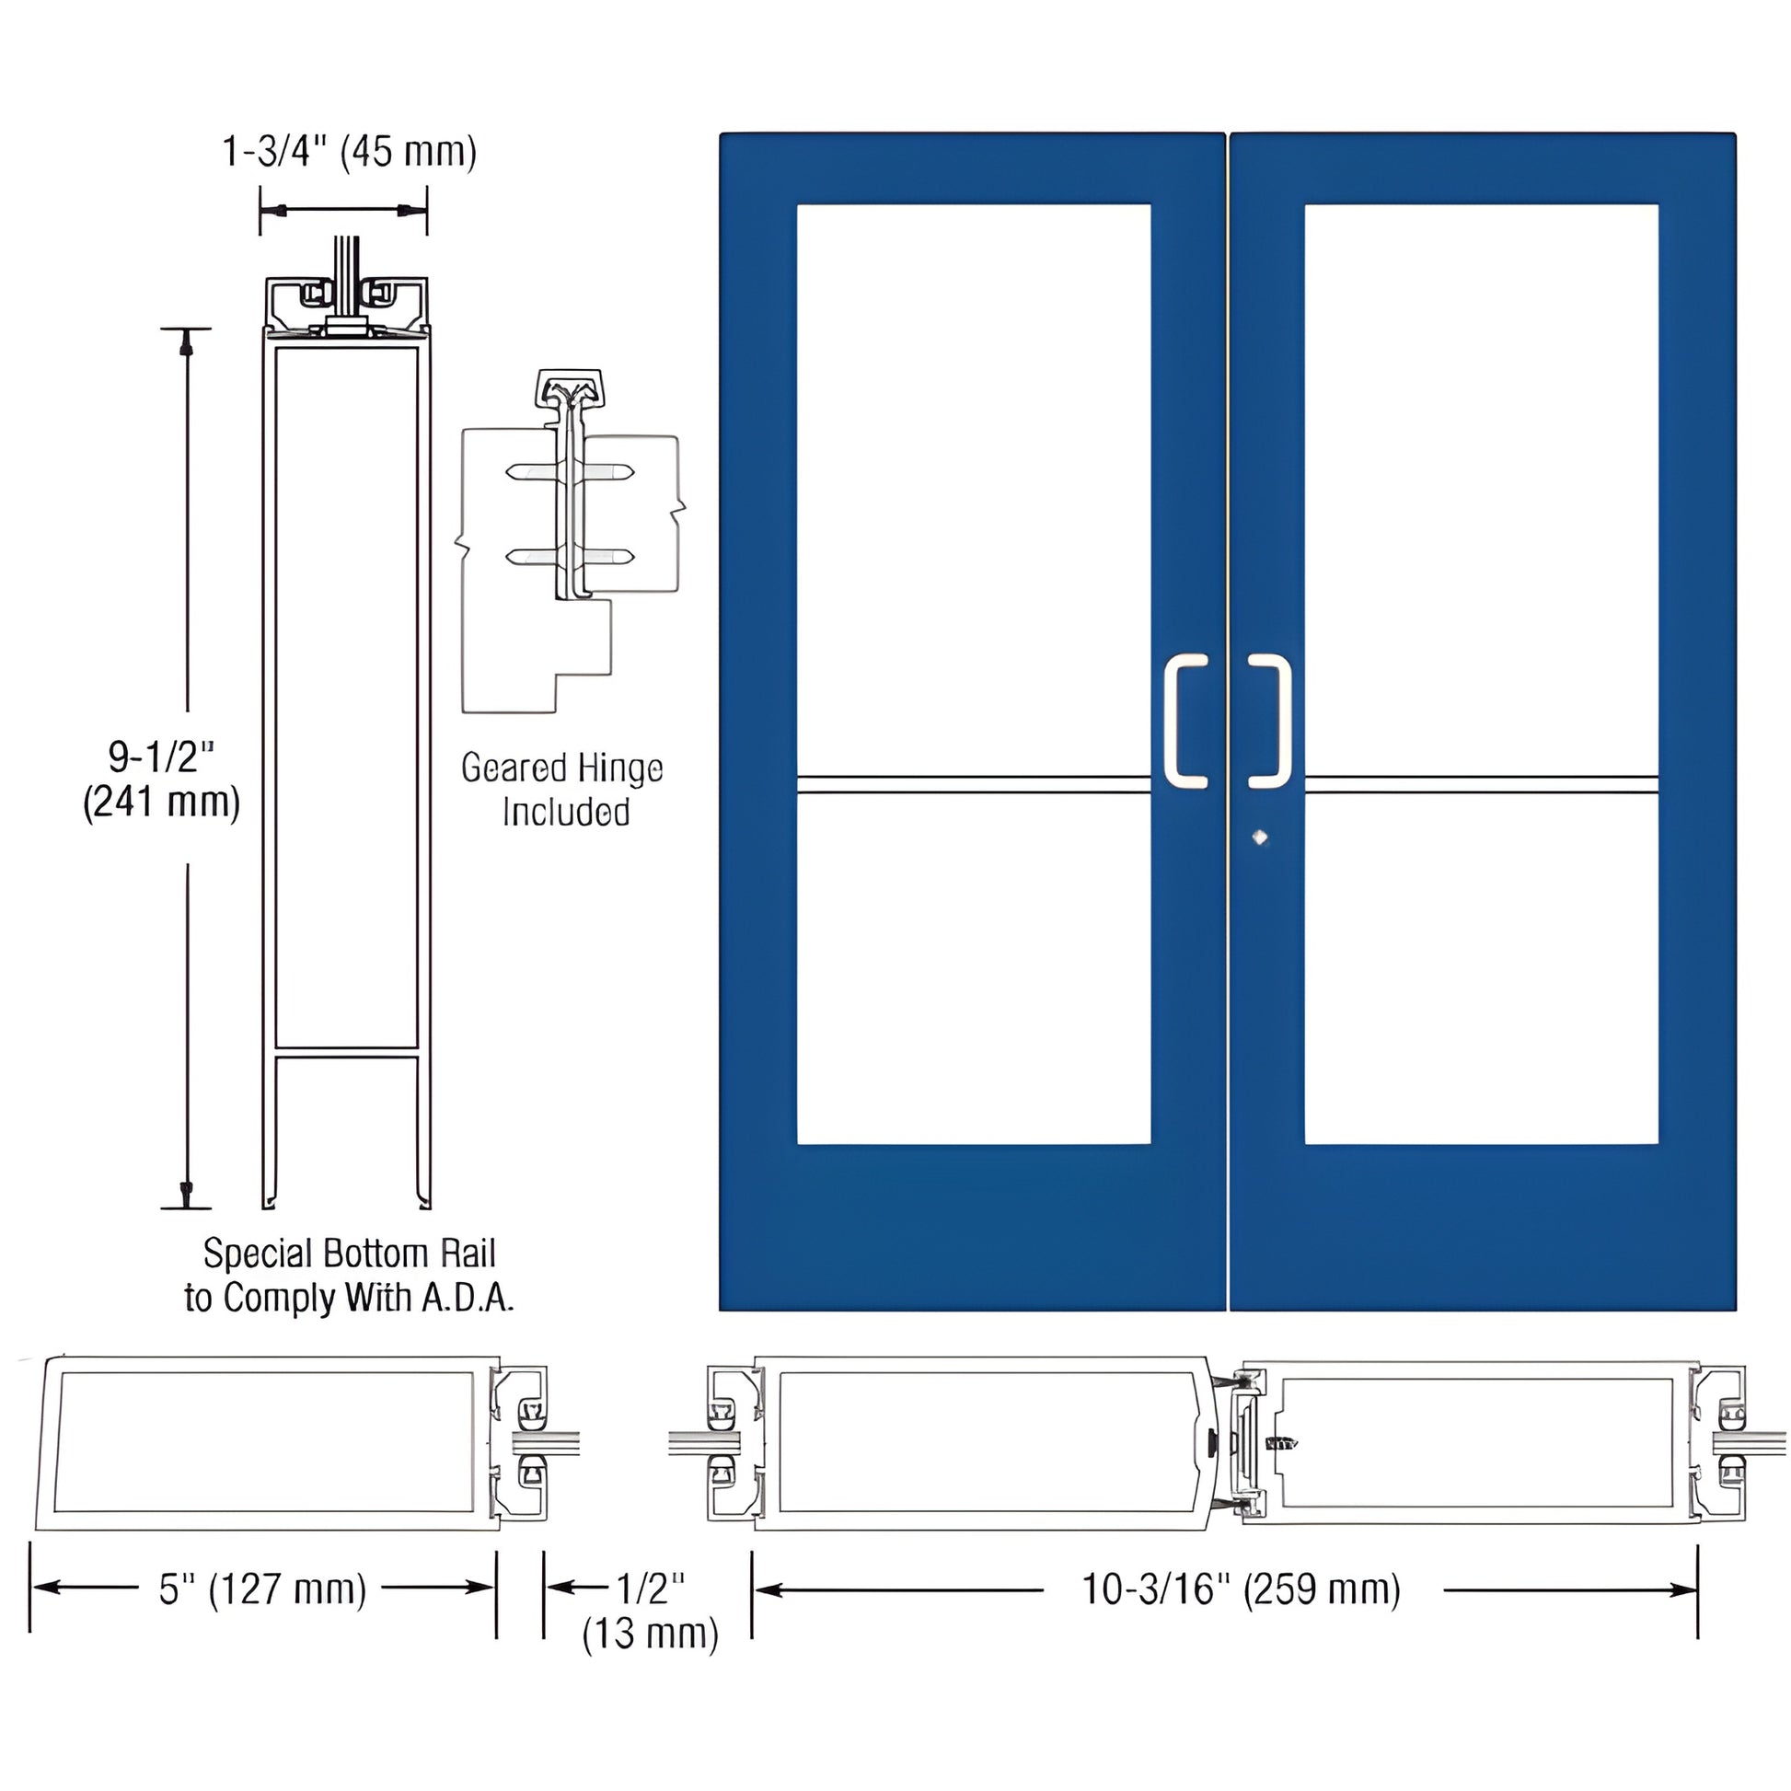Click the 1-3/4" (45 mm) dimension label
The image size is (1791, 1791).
pyautogui.click(x=350, y=151)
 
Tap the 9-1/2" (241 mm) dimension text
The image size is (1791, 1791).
pyautogui.click(x=162, y=780)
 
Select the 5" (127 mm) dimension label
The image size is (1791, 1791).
pyautogui.click(x=262, y=1589)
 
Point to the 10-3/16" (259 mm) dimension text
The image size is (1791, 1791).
pyautogui.click(x=1242, y=1589)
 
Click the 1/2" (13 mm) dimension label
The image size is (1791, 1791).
pyautogui.click(x=650, y=1612)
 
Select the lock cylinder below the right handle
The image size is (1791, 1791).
pyautogui.click(x=1259, y=838)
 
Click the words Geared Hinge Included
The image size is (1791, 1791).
pyautogui.click(x=562, y=790)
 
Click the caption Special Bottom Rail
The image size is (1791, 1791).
pyautogui.click(x=350, y=1254)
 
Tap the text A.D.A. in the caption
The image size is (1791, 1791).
pyautogui.click(x=468, y=1298)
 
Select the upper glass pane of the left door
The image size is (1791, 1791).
pyautogui.click(x=974, y=487)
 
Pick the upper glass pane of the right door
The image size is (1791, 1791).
pyautogui.click(x=1482, y=487)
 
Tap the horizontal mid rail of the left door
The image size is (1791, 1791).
pyautogui.click(x=974, y=785)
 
